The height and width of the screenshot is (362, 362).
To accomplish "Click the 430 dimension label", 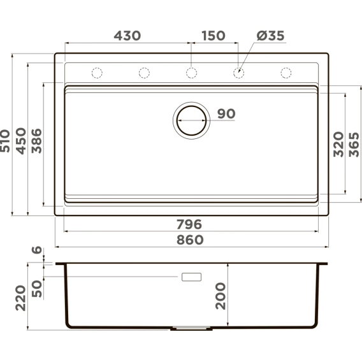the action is pyautogui.click(x=127, y=36).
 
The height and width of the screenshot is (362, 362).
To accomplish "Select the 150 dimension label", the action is pyautogui.click(x=214, y=36).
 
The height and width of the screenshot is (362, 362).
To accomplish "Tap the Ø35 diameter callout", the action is pyautogui.click(x=270, y=36).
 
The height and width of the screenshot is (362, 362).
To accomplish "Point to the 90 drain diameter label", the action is pyautogui.click(x=226, y=113).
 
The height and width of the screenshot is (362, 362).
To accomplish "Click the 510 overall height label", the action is pyautogui.click(x=5, y=141).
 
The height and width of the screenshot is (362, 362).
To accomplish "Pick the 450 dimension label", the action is pyautogui.click(x=21, y=141).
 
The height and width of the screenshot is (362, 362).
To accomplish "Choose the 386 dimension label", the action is pyautogui.click(x=36, y=141).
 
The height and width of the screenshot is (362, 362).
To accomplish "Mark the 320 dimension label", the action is pyautogui.click(x=338, y=144).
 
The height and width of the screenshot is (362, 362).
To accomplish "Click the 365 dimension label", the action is pyautogui.click(x=354, y=145).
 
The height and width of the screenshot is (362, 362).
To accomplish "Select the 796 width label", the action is pyautogui.click(x=189, y=224).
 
